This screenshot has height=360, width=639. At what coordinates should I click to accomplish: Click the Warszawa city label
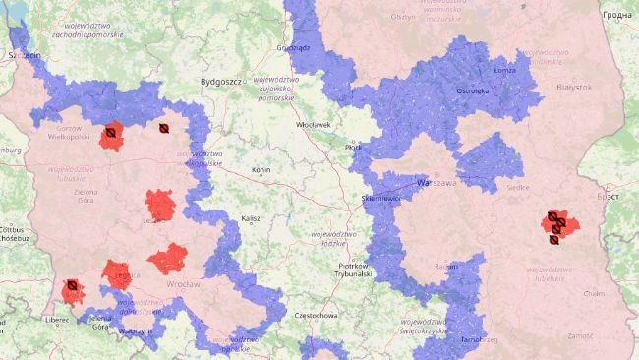437,183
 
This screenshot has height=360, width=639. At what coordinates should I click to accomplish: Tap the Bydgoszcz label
221,82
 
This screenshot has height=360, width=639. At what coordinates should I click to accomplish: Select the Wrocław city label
182,284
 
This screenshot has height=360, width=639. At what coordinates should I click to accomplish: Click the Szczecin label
24,56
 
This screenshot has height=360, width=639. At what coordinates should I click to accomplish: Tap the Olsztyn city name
404,17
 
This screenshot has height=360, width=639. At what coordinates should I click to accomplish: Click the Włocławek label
314,125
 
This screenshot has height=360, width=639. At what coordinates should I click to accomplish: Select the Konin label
261,170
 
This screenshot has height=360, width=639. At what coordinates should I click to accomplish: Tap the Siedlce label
516,186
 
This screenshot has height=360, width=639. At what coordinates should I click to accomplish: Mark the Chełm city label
593,292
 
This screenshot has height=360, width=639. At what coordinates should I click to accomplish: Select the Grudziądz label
293,46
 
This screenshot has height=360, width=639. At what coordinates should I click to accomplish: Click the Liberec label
56,320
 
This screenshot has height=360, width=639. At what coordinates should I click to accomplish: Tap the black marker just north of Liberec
71,287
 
